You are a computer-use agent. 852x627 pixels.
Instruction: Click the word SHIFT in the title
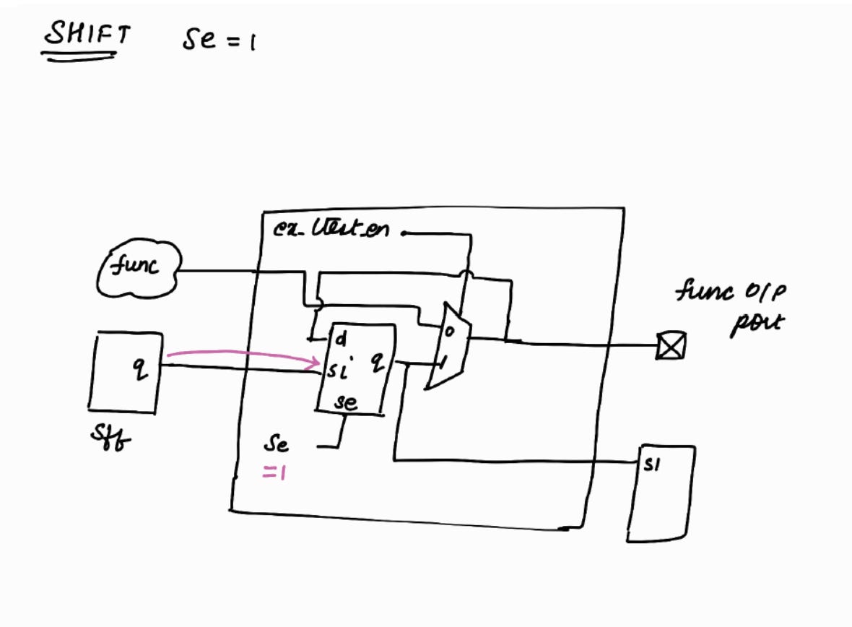[x=85, y=35]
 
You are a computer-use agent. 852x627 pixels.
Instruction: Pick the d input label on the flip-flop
[x=340, y=337]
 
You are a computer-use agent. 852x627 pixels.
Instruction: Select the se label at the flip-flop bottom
[x=347, y=403]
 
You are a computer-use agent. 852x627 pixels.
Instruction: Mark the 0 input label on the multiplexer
[x=449, y=332]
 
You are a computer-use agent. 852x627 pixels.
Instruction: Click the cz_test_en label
[x=331, y=230]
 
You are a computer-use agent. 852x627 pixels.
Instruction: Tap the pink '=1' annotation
[x=274, y=474]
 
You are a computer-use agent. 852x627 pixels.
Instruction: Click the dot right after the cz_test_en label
[x=404, y=233]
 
